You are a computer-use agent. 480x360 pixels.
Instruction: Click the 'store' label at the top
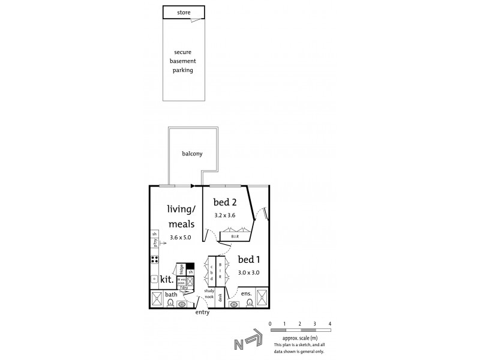coord(184,12)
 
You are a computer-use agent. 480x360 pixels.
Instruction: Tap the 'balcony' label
coord(192,154)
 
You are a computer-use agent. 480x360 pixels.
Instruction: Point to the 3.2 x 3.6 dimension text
coord(225,215)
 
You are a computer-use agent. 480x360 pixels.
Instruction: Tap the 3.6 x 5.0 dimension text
coord(181,238)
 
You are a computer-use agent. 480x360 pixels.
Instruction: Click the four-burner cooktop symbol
coord(154,260)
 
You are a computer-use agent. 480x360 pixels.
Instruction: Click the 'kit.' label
coord(166,279)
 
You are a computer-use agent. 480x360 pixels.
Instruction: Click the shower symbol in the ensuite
coord(262,297)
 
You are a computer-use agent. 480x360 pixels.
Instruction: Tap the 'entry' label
coord(202,313)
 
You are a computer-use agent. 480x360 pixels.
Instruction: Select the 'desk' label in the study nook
coord(220,296)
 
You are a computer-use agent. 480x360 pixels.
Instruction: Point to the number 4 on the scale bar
coord(329,324)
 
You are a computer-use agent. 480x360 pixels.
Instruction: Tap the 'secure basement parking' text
coord(184,61)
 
